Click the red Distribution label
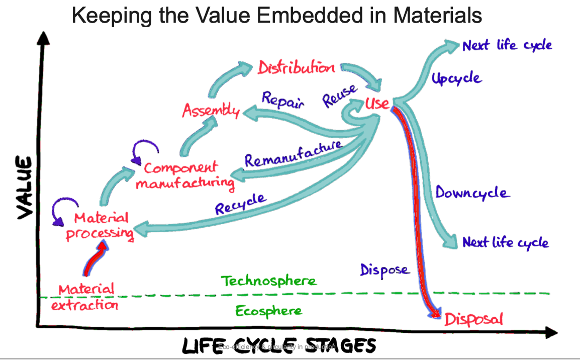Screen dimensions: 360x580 click(296, 67)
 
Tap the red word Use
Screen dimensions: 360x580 click(377, 104)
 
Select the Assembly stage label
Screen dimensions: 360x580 click(211, 110)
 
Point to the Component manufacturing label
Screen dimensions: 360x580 click(184, 175)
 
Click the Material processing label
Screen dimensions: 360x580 click(101, 226)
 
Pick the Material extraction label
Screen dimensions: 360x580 click(87, 297)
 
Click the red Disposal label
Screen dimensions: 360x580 click(472, 319)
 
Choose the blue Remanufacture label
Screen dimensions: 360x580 click(293, 154)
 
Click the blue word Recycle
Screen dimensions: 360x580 click(240, 204)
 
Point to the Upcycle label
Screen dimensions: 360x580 click(456, 79)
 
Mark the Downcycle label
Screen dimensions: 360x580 click(472, 193)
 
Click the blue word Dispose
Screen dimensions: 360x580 click(384, 270)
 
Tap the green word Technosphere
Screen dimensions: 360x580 click(269, 281)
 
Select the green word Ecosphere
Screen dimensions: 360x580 click(269, 311)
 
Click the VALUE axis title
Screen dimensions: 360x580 click(25, 187)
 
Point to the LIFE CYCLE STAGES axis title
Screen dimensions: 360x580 click(278, 346)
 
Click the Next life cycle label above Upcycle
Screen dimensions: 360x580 click(507, 45)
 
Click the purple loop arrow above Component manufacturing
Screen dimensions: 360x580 click(146, 149)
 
